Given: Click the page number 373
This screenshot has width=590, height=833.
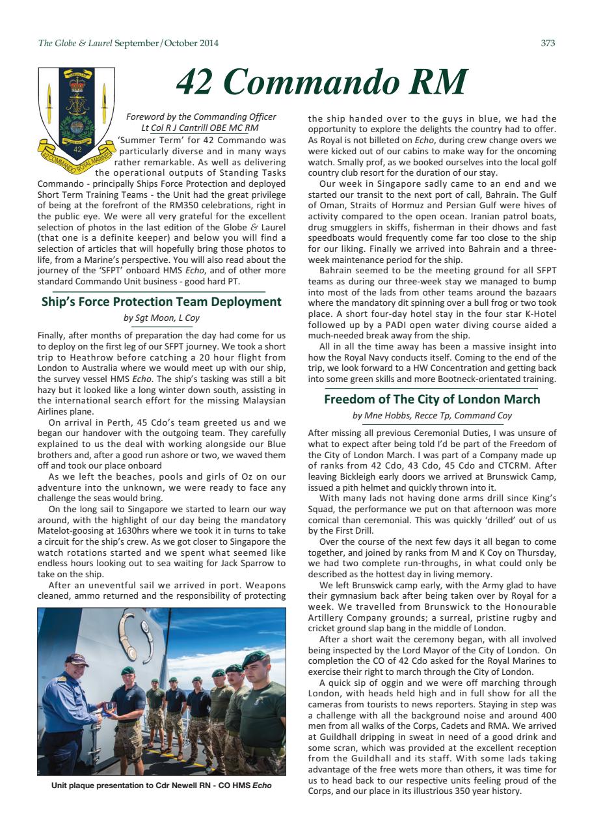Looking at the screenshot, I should point(548,44).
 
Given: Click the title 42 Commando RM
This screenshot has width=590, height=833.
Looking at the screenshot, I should point(322,82).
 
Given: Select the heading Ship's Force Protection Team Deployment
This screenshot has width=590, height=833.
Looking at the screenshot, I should point(161,302).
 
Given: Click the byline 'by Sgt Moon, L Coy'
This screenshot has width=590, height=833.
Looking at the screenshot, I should point(161,318).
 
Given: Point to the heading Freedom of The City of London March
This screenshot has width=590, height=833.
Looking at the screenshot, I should point(432,399).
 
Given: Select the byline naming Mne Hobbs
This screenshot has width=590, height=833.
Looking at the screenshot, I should point(432,415).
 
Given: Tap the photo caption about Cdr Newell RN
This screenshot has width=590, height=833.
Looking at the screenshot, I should point(161,785).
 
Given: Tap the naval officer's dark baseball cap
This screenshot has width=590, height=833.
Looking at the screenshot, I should point(75,661).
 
